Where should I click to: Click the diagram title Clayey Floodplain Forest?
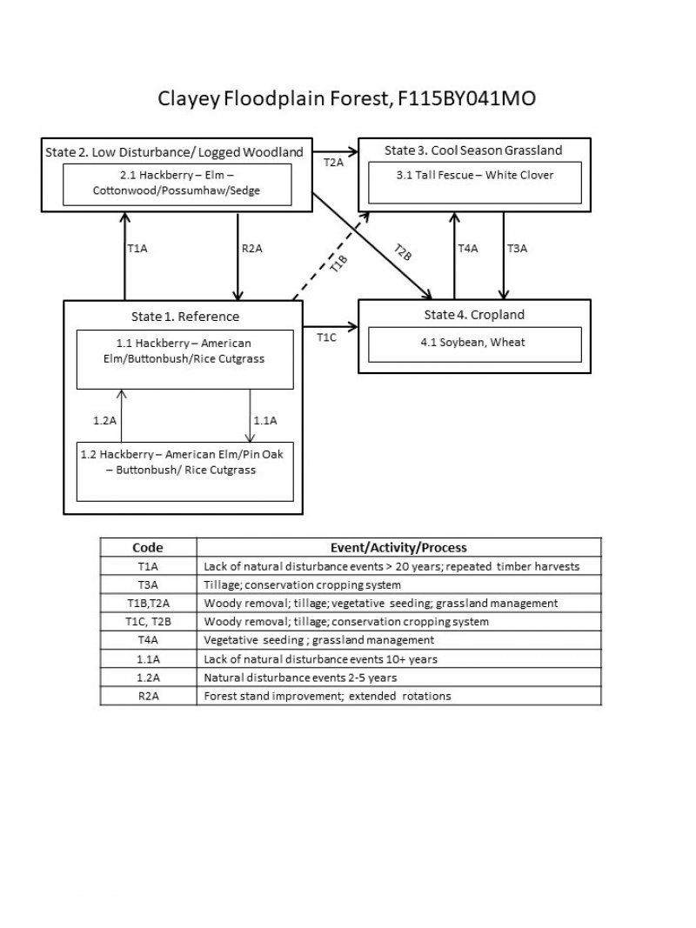coord(346,98)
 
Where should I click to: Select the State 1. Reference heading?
coord(184,316)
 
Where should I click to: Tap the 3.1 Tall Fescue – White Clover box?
coord(474,184)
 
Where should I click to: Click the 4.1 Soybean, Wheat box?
coord(474,344)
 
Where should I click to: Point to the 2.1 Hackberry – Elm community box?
coord(177,184)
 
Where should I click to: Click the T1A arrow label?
coord(137,249)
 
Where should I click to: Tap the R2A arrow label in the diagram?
coord(251,249)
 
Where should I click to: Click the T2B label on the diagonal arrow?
coord(401,252)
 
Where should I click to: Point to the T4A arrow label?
coord(468,249)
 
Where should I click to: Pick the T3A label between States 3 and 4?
coord(517,249)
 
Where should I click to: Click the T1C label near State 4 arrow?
coord(326,337)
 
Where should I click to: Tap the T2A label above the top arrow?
coord(333,163)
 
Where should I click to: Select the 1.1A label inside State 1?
coord(264,420)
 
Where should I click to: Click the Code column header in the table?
coord(148,548)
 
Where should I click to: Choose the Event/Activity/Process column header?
coord(398,548)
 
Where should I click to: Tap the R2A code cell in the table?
coord(148,696)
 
